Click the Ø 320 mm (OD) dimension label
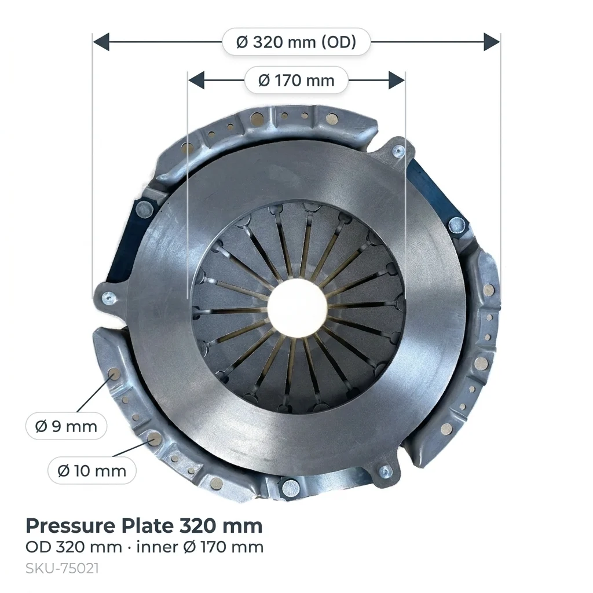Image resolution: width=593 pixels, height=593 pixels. click(296, 42)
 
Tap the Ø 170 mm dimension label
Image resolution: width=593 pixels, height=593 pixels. click(296, 80)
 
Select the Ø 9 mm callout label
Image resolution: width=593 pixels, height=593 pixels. click(66, 426)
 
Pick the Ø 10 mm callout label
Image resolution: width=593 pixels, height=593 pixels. click(92, 471)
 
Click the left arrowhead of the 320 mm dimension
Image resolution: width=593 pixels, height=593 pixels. click(101, 42)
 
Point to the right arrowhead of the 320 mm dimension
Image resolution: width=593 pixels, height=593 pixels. click(492, 42)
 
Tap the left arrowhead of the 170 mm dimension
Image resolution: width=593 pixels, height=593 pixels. click(196, 80)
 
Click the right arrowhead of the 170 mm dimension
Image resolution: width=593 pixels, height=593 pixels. click(397, 80)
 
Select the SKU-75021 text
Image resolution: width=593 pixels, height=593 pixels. click(62, 569)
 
